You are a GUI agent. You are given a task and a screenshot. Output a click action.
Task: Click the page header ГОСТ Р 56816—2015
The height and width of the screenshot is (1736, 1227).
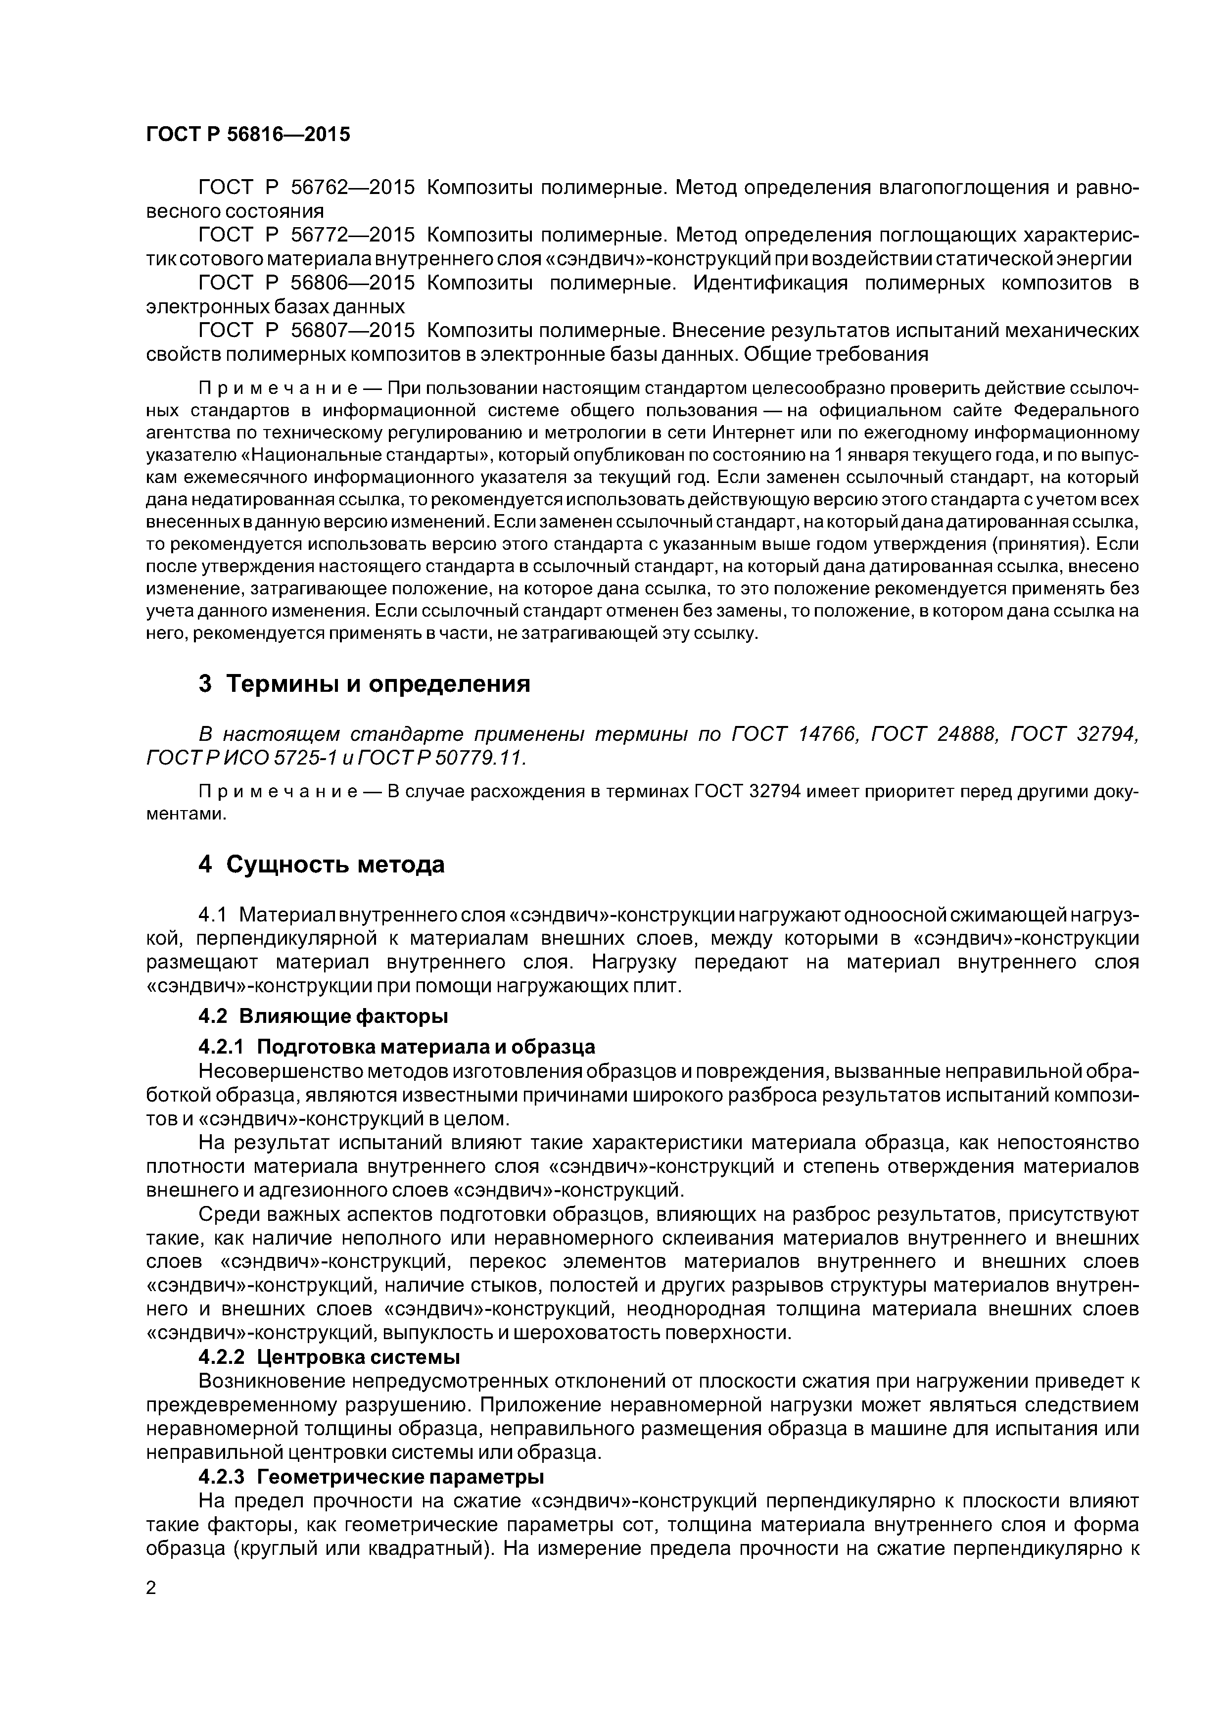pos(248,135)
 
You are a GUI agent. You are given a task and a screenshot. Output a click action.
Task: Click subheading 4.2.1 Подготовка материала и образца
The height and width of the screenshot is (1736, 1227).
pos(396,1047)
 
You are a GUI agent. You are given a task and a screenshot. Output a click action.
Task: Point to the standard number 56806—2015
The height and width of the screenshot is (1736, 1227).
pos(353,284)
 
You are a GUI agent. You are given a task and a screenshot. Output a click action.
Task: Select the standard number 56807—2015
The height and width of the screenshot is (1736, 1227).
pos(353,331)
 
